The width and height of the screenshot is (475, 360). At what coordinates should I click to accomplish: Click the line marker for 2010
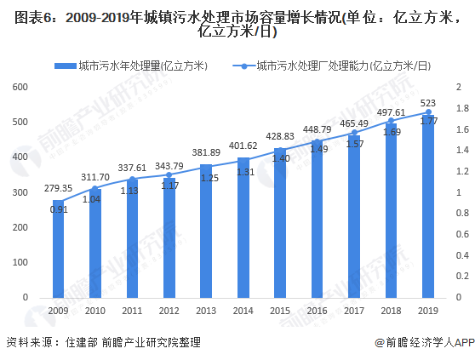pyautogui.click(x=95, y=189)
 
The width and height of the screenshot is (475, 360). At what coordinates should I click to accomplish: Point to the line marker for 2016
pyautogui.click(x=318, y=141)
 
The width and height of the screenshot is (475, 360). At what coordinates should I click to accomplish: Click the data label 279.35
pyautogui.click(x=59, y=187)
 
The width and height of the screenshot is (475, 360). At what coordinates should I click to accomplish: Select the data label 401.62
pyautogui.click(x=243, y=146)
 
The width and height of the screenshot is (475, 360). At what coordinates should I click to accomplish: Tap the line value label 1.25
pyautogui.click(x=207, y=177)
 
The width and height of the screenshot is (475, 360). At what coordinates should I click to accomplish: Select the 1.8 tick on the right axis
pyautogui.click(x=461, y=108)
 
